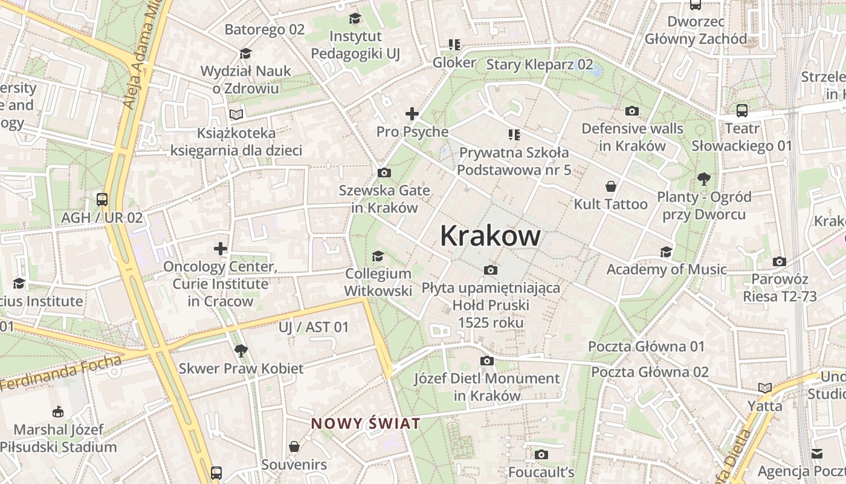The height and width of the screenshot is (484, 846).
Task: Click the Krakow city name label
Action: click(x=490, y=235)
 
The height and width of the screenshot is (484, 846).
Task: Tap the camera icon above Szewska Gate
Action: click(x=384, y=173)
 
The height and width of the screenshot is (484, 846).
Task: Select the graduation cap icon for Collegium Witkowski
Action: click(x=378, y=256)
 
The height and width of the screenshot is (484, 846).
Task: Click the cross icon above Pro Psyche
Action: click(x=412, y=114)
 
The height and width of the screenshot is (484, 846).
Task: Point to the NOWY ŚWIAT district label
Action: click(x=366, y=423)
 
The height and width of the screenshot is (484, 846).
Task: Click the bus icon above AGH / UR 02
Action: click(x=102, y=200)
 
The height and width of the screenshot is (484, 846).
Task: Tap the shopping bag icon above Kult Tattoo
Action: click(x=611, y=186)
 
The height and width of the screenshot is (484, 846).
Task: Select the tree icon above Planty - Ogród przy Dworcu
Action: click(x=703, y=179)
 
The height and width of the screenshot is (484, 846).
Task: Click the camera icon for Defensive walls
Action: click(x=632, y=111)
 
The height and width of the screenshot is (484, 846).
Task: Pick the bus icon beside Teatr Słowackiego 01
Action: click(x=742, y=111)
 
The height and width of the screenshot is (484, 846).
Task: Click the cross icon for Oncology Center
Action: click(x=221, y=249)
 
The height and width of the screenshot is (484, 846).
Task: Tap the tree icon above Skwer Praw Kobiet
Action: click(x=241, y=350)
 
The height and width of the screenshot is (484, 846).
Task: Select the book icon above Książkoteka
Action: click(x=236, y=114)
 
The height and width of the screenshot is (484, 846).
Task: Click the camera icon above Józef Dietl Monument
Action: click(x=487, y=361)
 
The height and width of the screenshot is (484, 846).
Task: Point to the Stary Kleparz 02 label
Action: click(x=540, y=65)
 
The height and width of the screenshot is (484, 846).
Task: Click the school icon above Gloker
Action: click(x=454, y=45)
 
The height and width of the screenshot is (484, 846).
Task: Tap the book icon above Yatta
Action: click(x=765, y=388)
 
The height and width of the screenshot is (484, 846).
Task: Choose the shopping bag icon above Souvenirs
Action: click(x=294, y=447)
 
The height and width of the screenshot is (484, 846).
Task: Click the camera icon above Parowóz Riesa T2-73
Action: click(x=780, y=262)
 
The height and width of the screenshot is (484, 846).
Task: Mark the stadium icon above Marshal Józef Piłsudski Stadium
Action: click(x=57, y=412)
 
